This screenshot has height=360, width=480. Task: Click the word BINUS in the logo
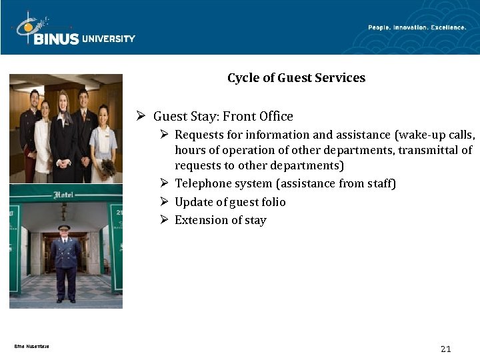pyautogui.click(x=56, y=39)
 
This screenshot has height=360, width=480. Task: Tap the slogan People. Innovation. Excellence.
pyautogui.click(x=417, y=27)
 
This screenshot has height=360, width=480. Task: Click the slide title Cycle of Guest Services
pyautogui.click(x=296, y=78)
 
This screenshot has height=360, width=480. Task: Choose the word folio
pyautogui.click(x=271, y=202)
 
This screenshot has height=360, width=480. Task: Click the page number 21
pyautogui.click(x=446, y=349)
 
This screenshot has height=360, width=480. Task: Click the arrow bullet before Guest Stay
pyautogui.click(x=141, y=116)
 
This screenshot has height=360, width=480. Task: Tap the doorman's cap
pyautogui.click(x=64, y=228)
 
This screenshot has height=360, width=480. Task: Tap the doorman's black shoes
pyautogui.click(x=65, y=299)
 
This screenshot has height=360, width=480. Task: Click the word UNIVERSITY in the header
pyautogui.click(x=109, y=39)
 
